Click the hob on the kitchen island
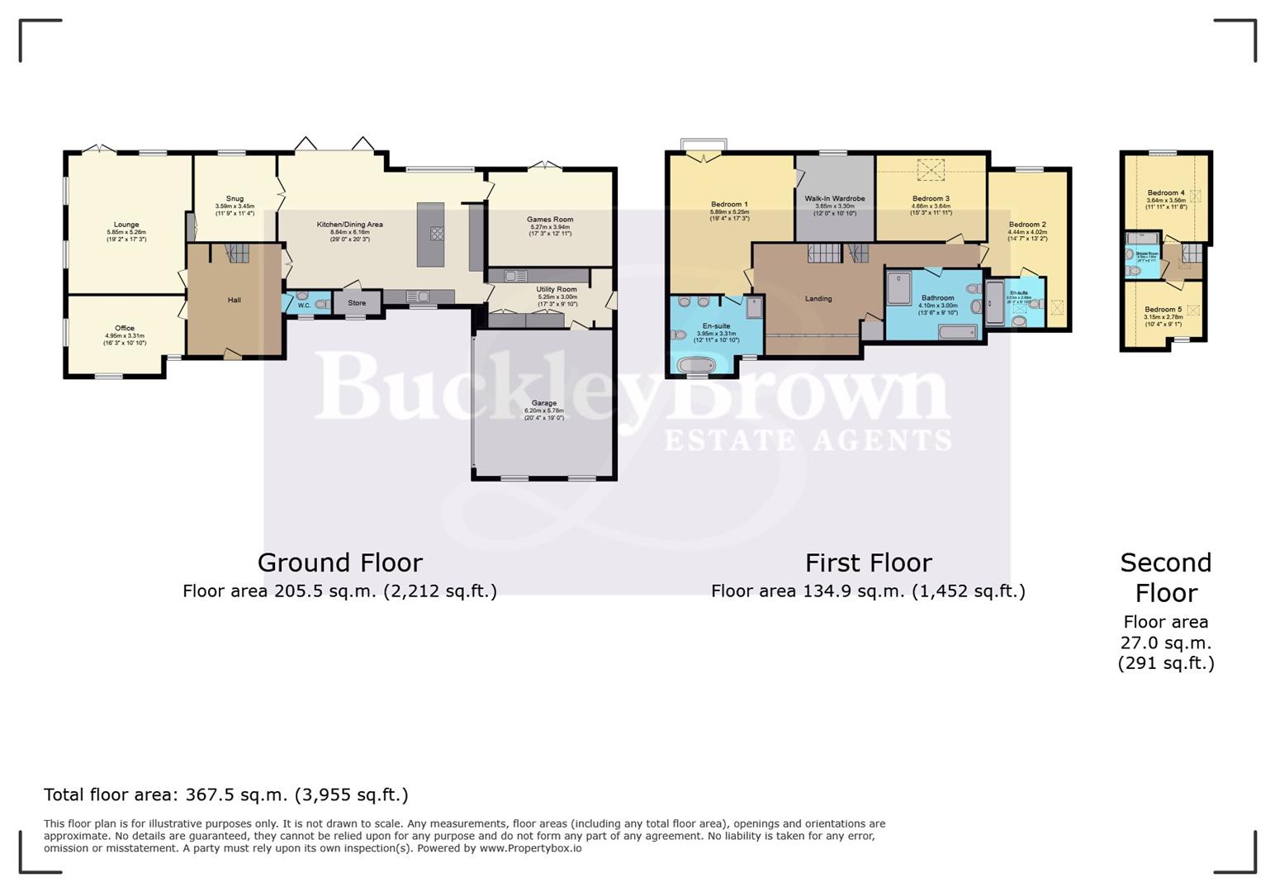(x=436, y=234)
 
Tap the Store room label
(x=357, y=303)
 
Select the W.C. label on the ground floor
(x=304, y=306)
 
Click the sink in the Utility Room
(x=516, y=276)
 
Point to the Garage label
(x=543, y=403)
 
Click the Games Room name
(x=550, y=220)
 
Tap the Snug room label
(x=235, y=199)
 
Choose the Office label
(x=125, y=328)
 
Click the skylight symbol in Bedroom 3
(x=932, y=169)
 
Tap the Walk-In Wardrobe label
(x=835, y=199)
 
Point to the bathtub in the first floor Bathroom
(x=958, y=332)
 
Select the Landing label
(x=818, y=299)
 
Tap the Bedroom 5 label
(x=1163, y=310)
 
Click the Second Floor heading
(x=1165, y=577)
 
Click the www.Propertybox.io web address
(x=530, y=848)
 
